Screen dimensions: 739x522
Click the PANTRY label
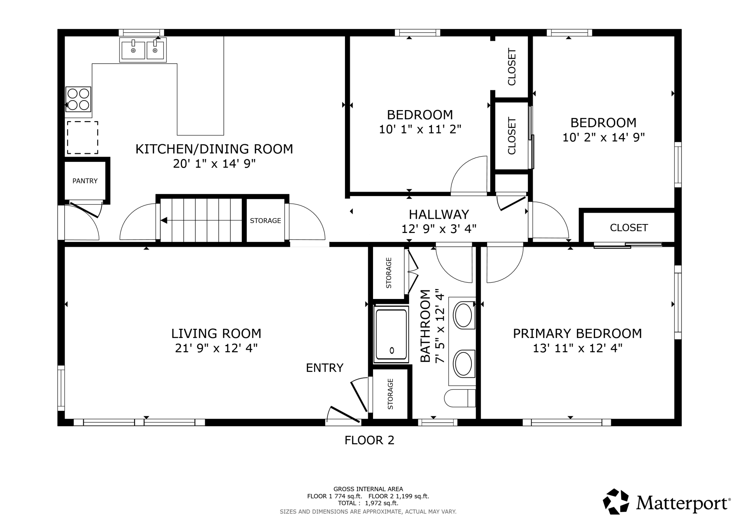85,181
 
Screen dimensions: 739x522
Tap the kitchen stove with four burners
78,99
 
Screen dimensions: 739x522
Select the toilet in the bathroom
460,398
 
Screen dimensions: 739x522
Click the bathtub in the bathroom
391,335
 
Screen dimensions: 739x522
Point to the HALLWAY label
439,214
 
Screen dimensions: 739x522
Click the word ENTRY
325,368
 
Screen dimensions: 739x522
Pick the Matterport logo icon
616,501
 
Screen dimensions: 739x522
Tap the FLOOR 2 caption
369,440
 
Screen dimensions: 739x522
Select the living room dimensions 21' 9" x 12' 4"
216,348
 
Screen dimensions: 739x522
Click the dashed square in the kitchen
83,138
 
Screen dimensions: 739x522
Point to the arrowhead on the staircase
164,221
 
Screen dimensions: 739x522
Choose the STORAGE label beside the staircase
265,221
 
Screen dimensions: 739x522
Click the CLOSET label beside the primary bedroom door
629,228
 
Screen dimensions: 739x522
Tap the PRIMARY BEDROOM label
577,334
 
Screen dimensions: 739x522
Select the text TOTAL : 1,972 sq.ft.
368,503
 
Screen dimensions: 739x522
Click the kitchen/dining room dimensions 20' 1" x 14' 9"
214,164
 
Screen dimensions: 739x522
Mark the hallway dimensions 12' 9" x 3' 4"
439,229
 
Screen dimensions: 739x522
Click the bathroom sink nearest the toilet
463,363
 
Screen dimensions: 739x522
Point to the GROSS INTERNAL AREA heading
368,489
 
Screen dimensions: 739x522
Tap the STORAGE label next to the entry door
390,394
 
